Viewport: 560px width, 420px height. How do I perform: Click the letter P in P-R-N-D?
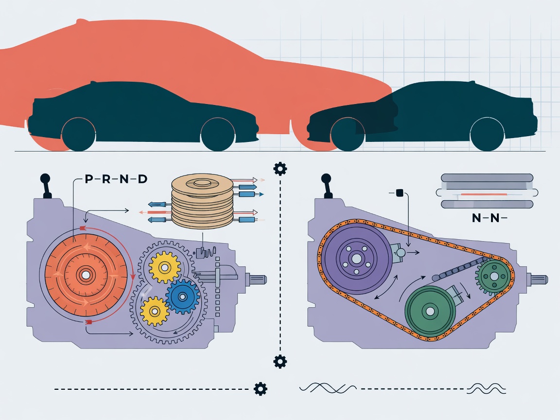[89, 179]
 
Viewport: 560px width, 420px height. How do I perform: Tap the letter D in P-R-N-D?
[142, 179]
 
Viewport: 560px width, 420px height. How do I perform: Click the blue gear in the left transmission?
[182, 297]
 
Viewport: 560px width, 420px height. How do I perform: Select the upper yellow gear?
[165, 267]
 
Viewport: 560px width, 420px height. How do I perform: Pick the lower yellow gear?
[155, 311]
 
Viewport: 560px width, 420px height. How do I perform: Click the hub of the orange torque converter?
[86, 275]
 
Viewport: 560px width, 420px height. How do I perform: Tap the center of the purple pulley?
[356, 259]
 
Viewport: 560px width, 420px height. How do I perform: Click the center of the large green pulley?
[430, 312]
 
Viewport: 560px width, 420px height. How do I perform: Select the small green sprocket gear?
[493, 277]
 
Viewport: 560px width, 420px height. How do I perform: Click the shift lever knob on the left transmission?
[45, 178]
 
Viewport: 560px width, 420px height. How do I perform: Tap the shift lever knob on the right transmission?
[326, 178]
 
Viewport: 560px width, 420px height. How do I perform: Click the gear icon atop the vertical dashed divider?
[280, 169]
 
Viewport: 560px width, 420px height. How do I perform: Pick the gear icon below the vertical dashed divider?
[280, 362]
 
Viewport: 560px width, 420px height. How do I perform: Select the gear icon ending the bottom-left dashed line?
[261, 388]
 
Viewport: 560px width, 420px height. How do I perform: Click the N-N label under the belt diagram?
[490, 218]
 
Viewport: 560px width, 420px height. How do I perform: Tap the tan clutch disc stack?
[202, 201]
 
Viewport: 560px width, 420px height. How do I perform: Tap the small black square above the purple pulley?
[400, 193]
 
